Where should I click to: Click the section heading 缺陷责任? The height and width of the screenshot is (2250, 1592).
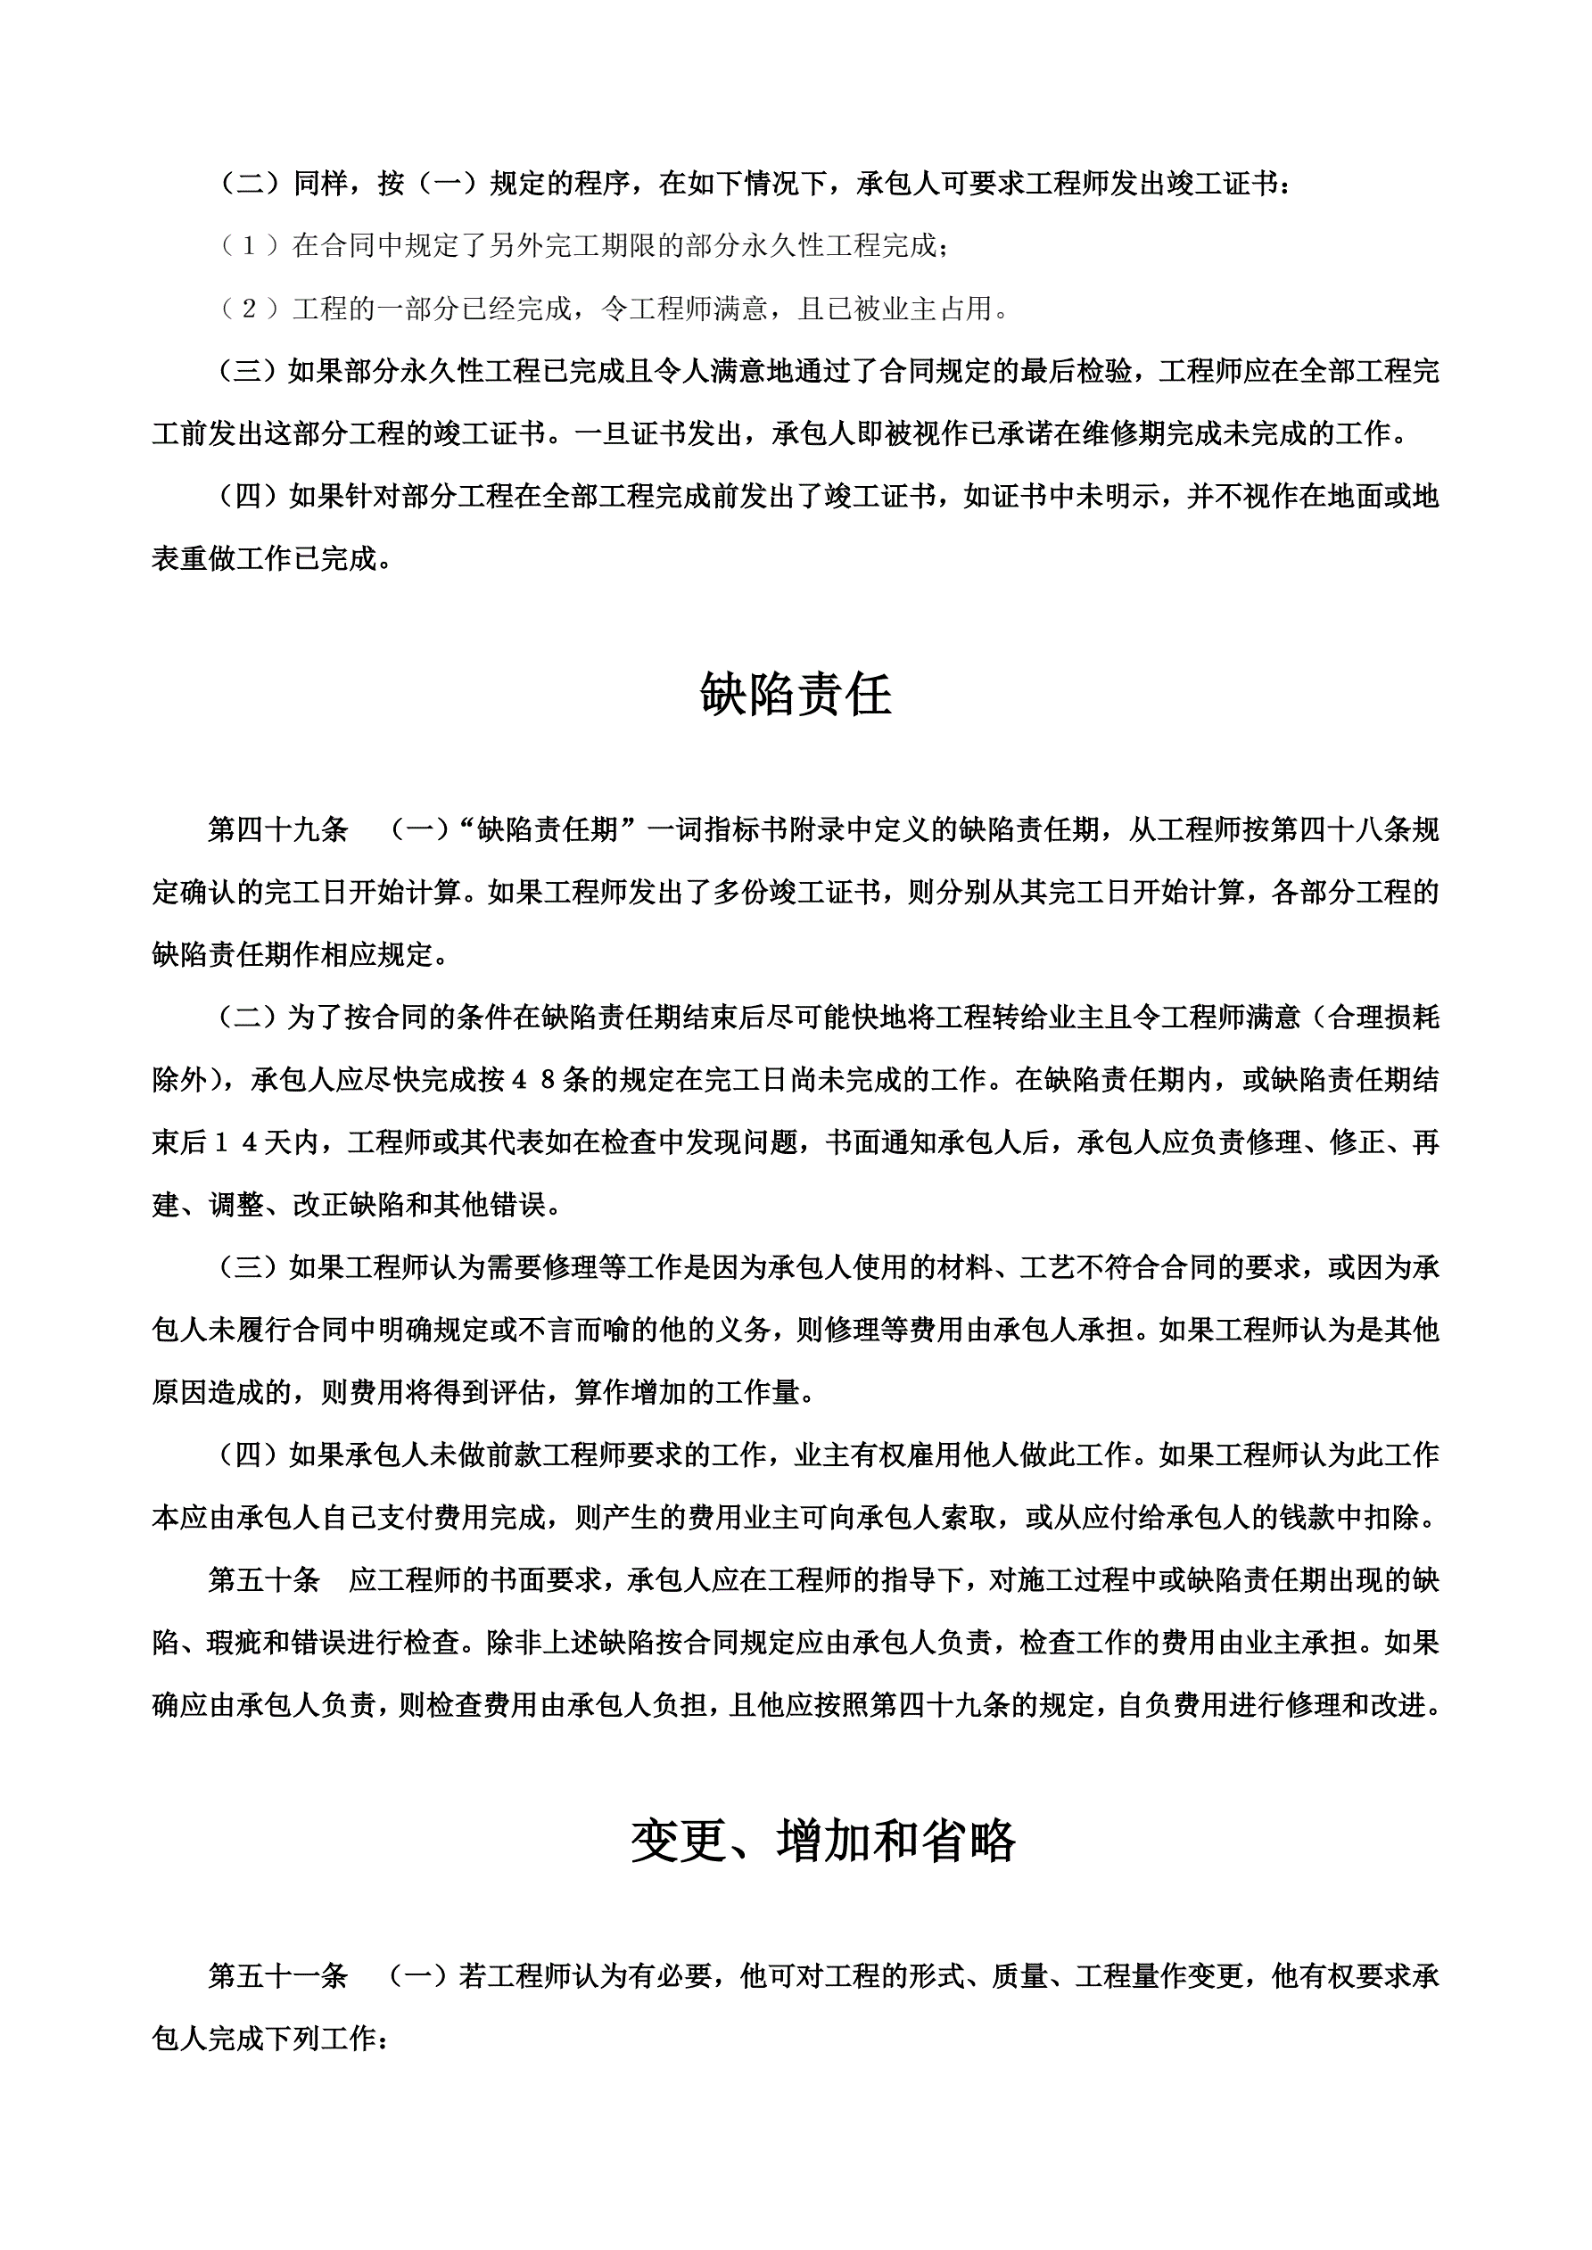pos(795,695)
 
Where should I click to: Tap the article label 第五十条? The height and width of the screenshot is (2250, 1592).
pos(264,1579)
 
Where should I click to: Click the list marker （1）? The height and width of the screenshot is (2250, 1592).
pos(251,246)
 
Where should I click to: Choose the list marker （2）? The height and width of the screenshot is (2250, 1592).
pos(251,309)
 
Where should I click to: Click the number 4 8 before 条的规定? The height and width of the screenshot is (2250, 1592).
pos(533,1080)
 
